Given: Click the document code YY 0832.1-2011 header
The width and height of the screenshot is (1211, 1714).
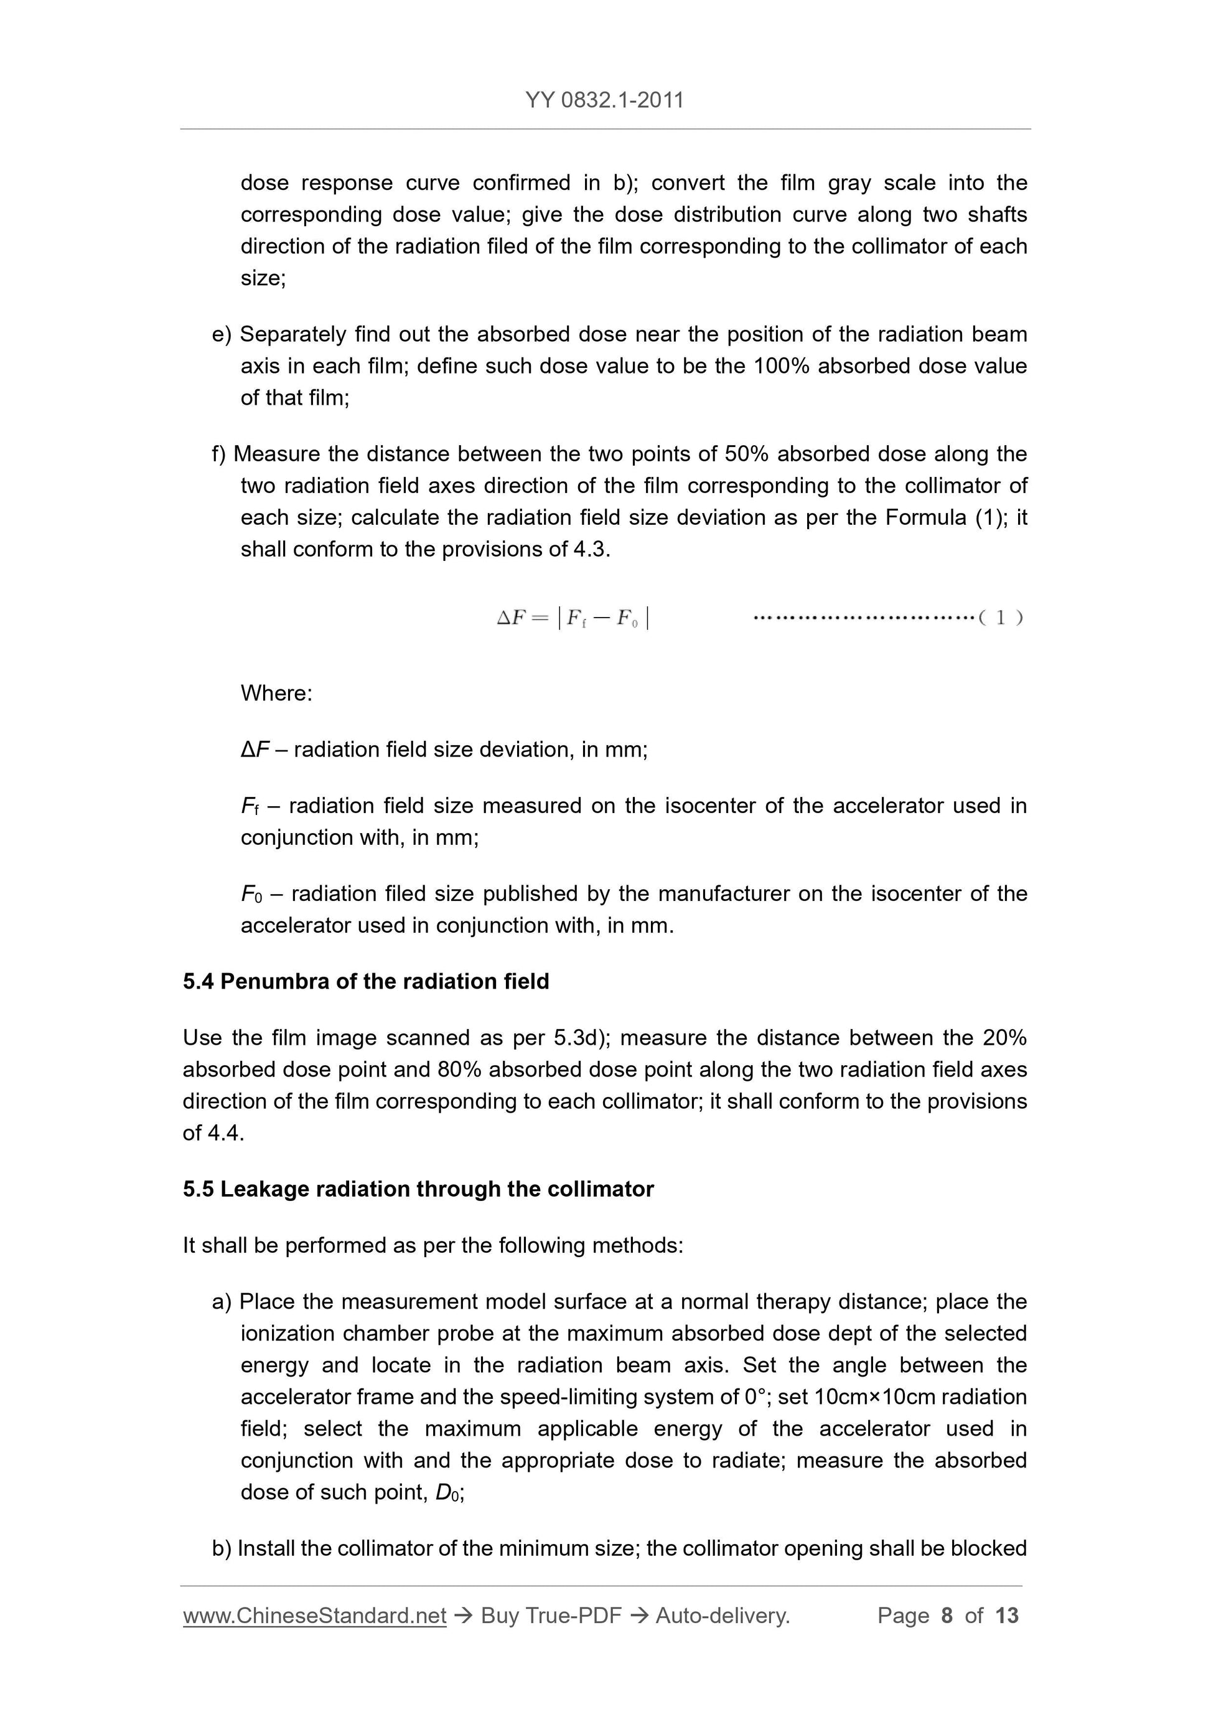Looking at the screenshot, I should click(x=604, y=100).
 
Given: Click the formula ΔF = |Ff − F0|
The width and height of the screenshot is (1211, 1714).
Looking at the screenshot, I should click(x=573, y=618).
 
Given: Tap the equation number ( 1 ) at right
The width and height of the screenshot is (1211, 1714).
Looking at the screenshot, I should click(x=1000, y=618).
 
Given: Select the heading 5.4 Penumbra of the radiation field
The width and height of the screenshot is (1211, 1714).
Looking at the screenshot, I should click(x=366, y=981).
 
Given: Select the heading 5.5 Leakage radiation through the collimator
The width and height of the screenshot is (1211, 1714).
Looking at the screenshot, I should click(x=418, y=1189).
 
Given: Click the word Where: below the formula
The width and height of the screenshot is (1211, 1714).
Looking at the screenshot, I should click(x=276, y=693).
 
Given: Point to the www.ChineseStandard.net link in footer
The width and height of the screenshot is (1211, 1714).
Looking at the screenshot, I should click(x=314, y=1616).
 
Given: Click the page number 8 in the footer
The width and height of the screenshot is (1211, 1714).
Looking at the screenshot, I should click(x=947, y=1616).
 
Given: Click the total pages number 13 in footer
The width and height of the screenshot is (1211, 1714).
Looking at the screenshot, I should click(x=1006, y=1616).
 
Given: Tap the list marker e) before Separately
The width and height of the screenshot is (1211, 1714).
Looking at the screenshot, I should click(x=222, y=334).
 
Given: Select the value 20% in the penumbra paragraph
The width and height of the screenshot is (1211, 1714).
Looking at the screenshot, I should click(x=1004, y=1038).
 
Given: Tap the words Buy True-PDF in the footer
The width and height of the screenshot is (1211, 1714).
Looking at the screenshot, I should click(x=551, y=1616).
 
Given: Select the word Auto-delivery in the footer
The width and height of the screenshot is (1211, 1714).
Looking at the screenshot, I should click(x=721, y=1616).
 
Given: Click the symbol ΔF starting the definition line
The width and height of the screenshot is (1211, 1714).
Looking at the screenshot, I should click(x=255, y=750).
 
